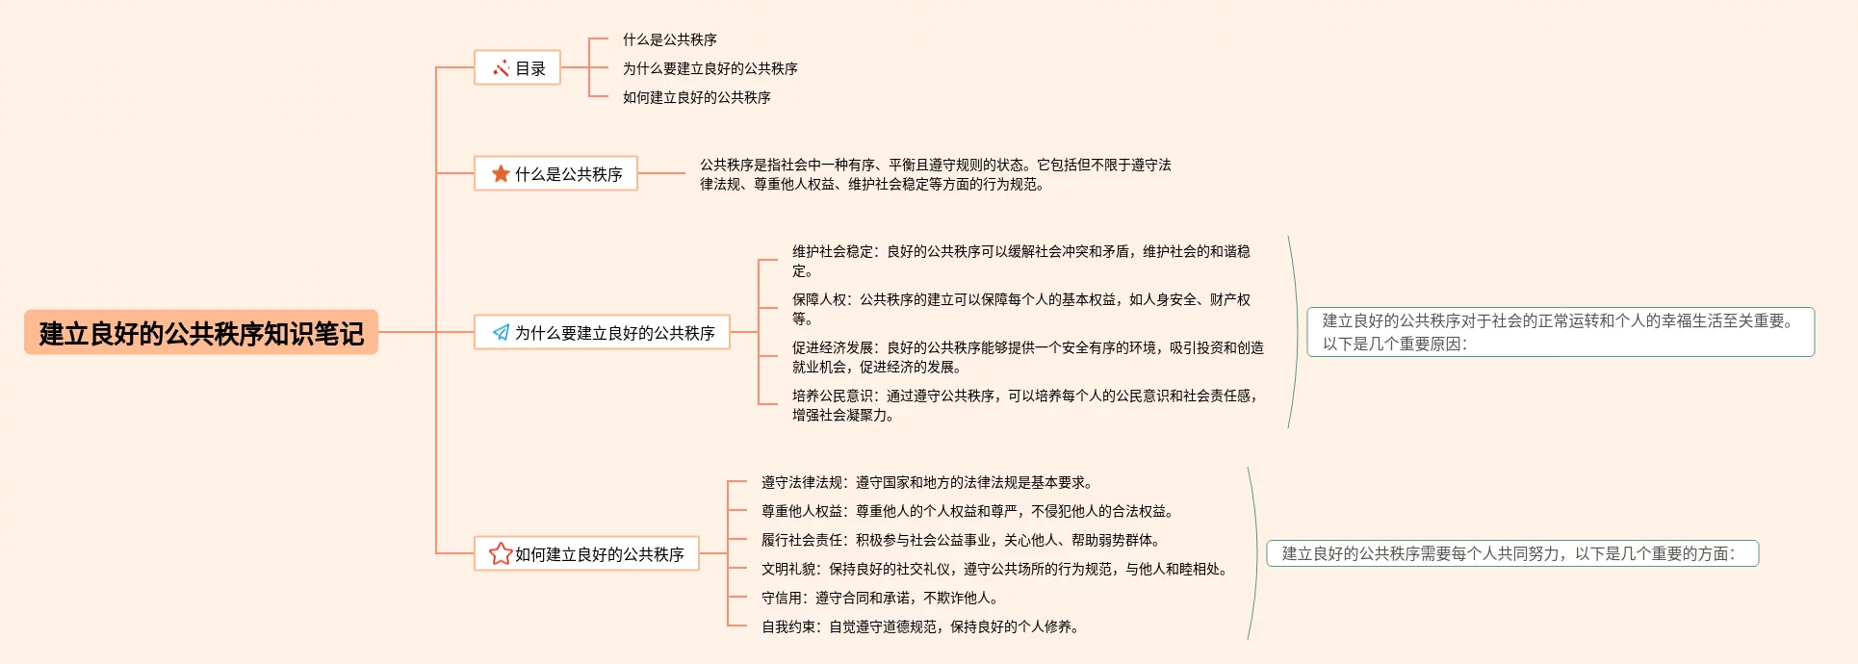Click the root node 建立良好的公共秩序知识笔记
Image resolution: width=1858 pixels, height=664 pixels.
coord(200,333)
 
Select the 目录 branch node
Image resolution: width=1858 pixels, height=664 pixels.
coord(518,68)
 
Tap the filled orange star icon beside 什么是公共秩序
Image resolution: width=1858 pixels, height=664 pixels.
coord(501,174)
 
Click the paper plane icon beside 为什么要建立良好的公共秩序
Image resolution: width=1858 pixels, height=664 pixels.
coord(501,333)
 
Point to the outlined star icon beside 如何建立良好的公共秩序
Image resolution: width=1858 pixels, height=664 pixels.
coord(501,554)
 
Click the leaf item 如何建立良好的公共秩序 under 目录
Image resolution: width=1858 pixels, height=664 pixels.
coord(696,97)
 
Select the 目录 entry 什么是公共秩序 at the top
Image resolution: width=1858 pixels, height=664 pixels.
coord(669,39)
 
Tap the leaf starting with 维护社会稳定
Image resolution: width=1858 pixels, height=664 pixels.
coord(1020,261)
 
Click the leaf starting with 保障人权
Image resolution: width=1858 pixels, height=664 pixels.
coord(1020,309)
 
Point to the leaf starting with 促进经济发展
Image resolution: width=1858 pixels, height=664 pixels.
coord(1027,357)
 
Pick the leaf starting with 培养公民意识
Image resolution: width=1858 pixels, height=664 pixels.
coord(1024,405)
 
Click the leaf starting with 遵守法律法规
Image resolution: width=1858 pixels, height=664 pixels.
coord(926,482)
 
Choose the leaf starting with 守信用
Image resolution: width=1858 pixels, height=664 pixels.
coord(880,598)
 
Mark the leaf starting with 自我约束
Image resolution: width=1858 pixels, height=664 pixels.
coord(920,626)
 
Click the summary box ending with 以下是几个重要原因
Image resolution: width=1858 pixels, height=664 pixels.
coord(1560,332)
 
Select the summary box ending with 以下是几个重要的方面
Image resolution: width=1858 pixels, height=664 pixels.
coord(1511,553)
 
